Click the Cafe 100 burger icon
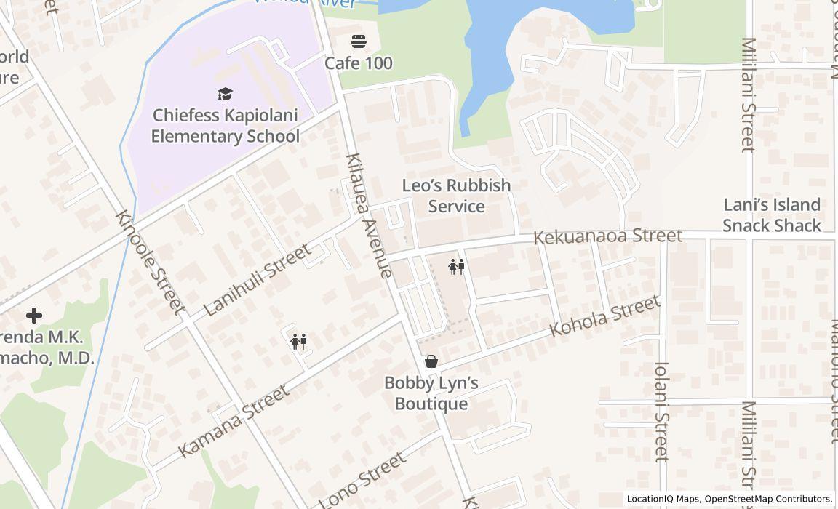click(358, 41)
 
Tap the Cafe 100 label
click(358, 63)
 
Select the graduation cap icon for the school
click(225, 94)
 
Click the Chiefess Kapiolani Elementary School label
click(225, 126)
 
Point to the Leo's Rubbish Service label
click(456, 196)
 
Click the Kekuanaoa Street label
click(607, 236)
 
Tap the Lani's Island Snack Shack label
click(771, 215)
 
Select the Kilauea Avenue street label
click(370, 215)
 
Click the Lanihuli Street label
click(257, 279)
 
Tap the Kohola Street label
click(604, 316)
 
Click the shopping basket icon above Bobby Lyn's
click(431, 361)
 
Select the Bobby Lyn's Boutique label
click(431, 393)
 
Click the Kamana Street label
click(233, 421)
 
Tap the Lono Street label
click(362, 479)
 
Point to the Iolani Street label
click(661, 412)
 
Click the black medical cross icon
click(34, 316)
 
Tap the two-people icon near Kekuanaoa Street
click(457, 267)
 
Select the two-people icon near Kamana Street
click(298, 341)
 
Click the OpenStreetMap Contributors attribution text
click(768, 499)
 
